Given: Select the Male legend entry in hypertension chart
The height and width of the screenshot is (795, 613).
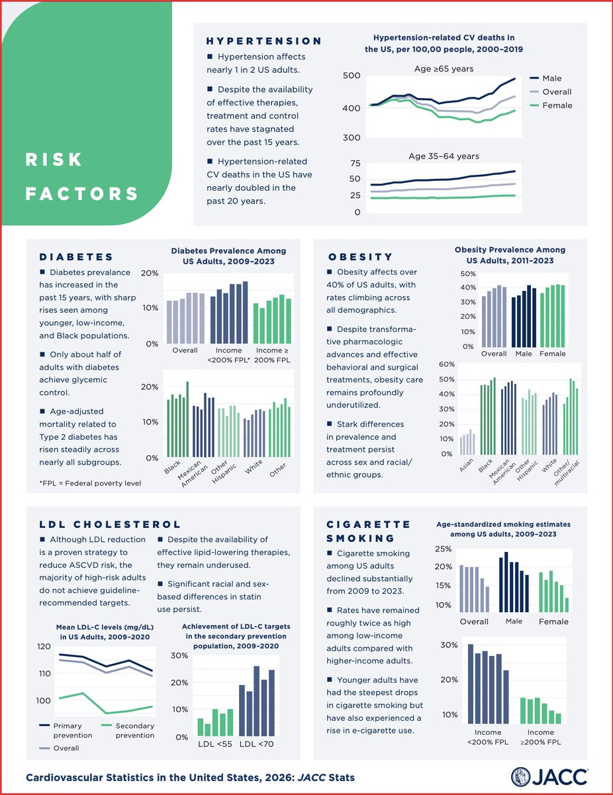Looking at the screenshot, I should (x=551, y=78).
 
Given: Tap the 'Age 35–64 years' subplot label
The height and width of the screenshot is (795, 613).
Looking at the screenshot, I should (x=444, y=156).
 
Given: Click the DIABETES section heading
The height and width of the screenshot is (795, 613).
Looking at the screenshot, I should (x=76, y=257).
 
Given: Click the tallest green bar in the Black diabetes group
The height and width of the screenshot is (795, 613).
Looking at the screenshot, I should (x=187, y=419).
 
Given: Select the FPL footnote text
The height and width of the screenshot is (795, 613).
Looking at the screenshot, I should (x=90, y=483).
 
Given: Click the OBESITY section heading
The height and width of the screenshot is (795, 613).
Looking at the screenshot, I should (x=360, y=257).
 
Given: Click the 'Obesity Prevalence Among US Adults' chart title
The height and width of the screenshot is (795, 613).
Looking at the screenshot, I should (x=510, y=255).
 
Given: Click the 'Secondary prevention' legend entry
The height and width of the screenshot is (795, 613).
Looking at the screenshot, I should (x=135, y=731).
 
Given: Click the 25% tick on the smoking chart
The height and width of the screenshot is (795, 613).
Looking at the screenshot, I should (x=442, y=549).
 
